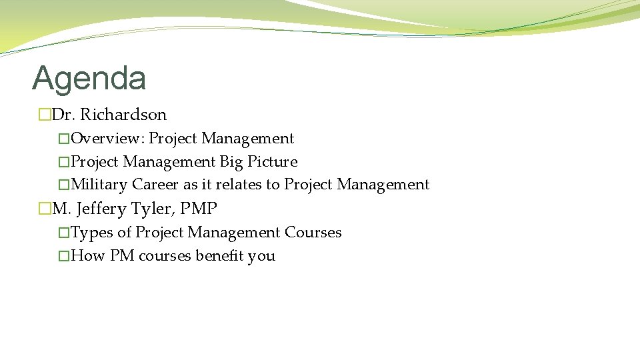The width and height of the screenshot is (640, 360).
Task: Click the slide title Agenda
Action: click(x=89, y=78)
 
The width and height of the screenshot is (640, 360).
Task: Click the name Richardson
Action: click(x=123, y=115)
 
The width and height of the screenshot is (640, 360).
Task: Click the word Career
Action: click(x=155, y=185)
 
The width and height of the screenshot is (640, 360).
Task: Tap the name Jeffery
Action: click(x=101, y=209)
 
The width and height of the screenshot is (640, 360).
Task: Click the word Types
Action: click(x=91, y=233)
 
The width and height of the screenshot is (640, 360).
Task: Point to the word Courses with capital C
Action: click(x=313, y=233)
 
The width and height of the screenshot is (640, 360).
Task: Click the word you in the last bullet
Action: click(x=261, y=256)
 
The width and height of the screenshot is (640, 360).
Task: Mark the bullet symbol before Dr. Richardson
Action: click(x=45, y=115)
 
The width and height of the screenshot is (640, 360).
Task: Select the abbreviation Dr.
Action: click(x=63, y=115)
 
